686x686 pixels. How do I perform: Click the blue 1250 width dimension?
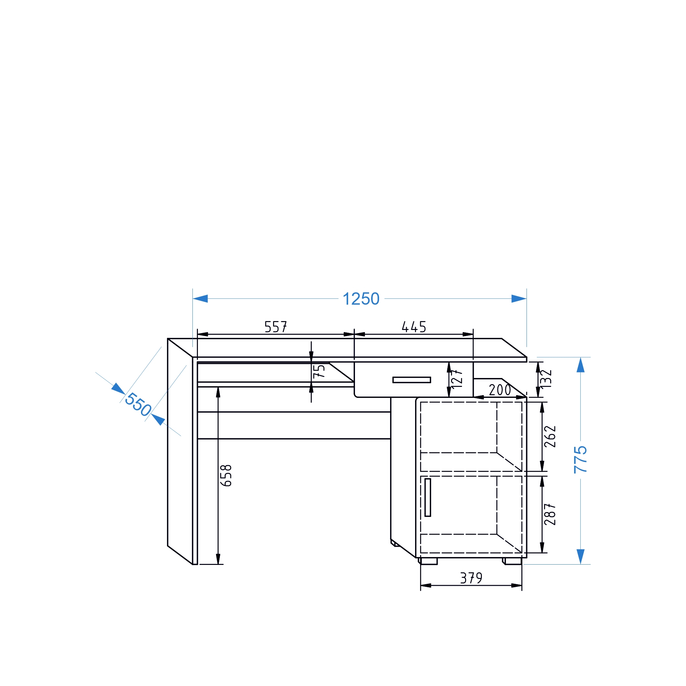coord(361,299)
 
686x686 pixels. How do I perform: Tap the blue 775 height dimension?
coord(580,460)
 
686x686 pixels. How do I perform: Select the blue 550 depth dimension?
coord(138,404)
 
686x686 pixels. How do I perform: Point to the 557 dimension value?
coord(275,327)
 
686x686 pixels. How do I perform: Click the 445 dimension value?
coord(414,327)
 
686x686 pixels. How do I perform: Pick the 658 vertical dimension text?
coord(226,475)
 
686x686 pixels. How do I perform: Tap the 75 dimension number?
coord(319,371)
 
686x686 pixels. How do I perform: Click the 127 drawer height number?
coord(457,378)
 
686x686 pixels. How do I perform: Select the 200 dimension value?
coord(500,390)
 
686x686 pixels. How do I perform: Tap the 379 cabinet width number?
coord(471,578)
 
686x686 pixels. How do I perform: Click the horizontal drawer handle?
coord(412,380)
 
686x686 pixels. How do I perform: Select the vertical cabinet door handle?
coord(428,497)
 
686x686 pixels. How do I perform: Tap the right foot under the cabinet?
coord(512,561)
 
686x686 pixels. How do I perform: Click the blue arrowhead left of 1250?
coord(200,299)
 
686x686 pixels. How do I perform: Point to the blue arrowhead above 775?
coord(581,365)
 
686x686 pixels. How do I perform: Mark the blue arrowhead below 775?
coord(581,557)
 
